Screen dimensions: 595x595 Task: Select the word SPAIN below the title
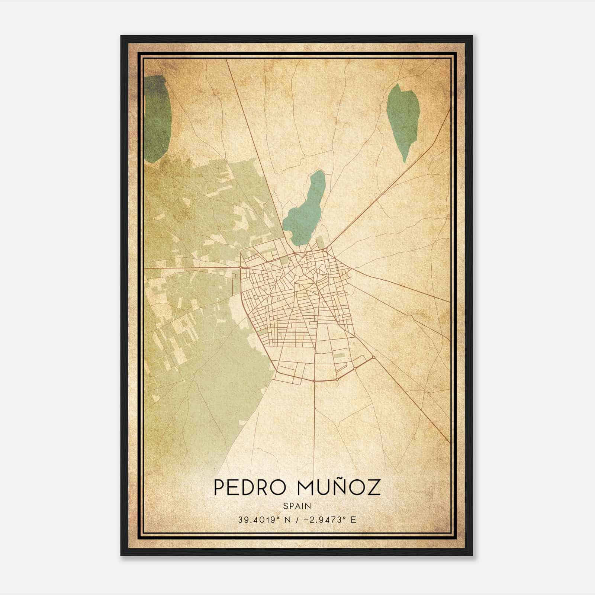[x=297, y=506]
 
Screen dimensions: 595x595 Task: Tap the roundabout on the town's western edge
[x=241, y=267]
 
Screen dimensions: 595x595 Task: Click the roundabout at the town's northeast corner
[x=325, y=250]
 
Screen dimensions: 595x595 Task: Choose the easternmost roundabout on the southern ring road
[x=373, y=358]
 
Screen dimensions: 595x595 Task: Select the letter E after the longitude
[x=353, y=520]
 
